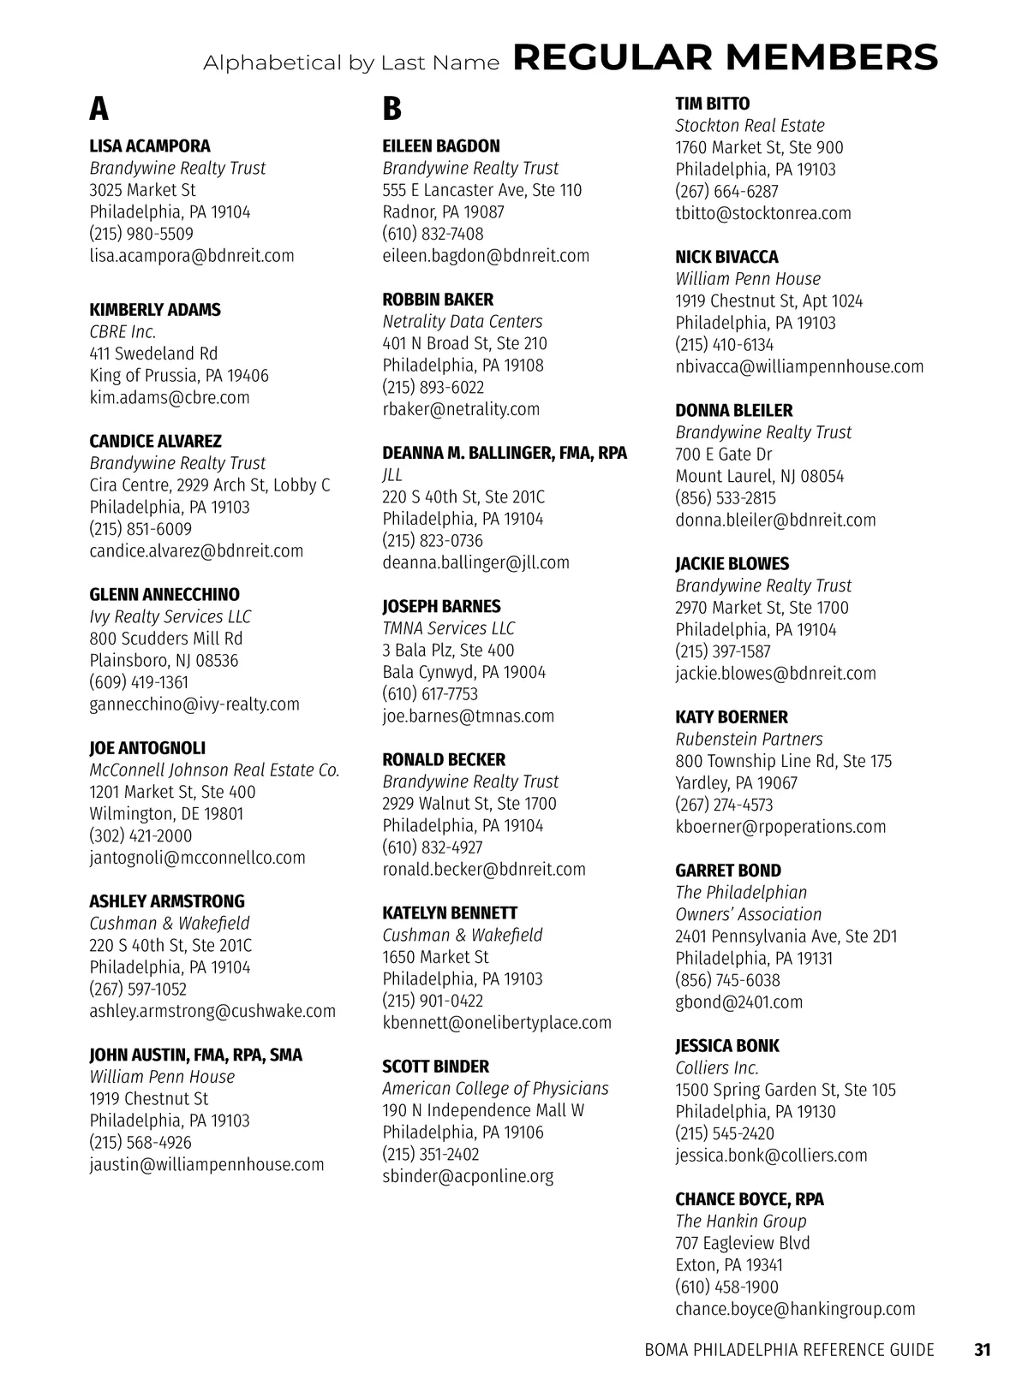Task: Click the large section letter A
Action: click(x=99, y=110)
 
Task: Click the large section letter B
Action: click(x=391, y=110)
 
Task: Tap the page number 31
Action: click(x=983, y=1350)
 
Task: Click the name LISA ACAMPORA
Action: click(x=150, y=146)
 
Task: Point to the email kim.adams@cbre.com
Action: click(x=170, y=397)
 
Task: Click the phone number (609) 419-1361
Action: click(x=139, y=682)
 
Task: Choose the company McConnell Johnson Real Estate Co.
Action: click(x=215, y=770)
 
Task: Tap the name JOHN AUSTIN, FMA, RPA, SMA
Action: click(x=196, y=1055)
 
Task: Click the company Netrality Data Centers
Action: click(x=463, y=321)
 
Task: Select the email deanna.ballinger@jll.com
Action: click(x=475, y=562)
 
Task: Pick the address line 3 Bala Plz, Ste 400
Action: click(x=448, y=650)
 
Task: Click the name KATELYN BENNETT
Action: click(x=450, y=913)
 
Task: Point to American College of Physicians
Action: click(x=495, y=1088)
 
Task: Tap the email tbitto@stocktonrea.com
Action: click(x=763, y=213)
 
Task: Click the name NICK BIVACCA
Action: click(x=726, y=257)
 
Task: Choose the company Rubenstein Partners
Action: click(x=749, y=739)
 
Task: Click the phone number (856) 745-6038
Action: click(x=727, y=980)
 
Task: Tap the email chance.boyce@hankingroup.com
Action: click(x=795, y=1309)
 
